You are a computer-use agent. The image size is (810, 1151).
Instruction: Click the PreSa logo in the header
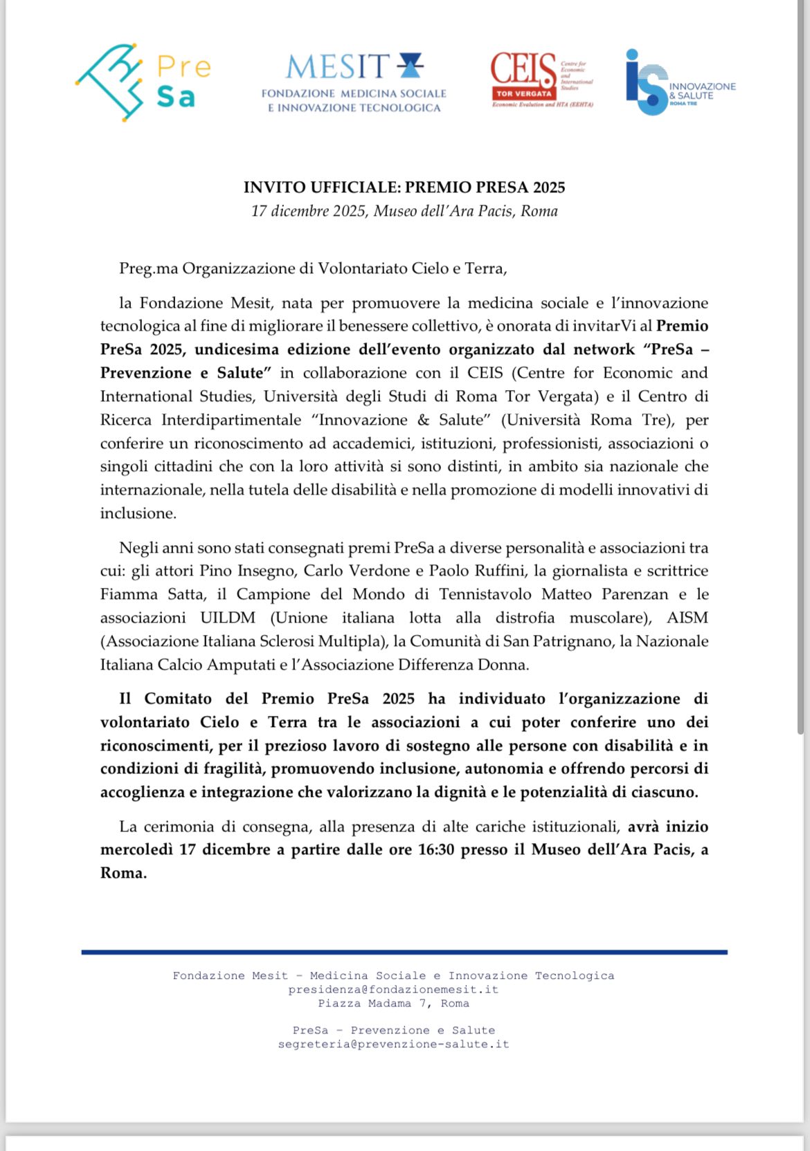(x=143, y=82)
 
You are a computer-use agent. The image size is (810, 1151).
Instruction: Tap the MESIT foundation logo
(x=354, y=82)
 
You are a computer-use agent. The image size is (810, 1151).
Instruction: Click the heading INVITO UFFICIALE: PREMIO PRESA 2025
(x=404, y=187)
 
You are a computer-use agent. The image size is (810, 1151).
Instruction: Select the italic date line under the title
(x=404, y=211)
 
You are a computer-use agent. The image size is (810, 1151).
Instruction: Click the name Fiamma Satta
(x=152, y=594)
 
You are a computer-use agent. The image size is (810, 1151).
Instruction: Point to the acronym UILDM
(x=228, y=618)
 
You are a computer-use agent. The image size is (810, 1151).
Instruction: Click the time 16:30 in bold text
(x=436, y=849)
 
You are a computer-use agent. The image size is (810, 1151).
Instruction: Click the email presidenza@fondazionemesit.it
(x=393, y=990)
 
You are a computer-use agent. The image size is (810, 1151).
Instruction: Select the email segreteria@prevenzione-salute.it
(x=393, y=1044)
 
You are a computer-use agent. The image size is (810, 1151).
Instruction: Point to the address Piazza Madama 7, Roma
(x=393, y=1004)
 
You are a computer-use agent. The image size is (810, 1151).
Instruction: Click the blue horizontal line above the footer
(x=404, y=952)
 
